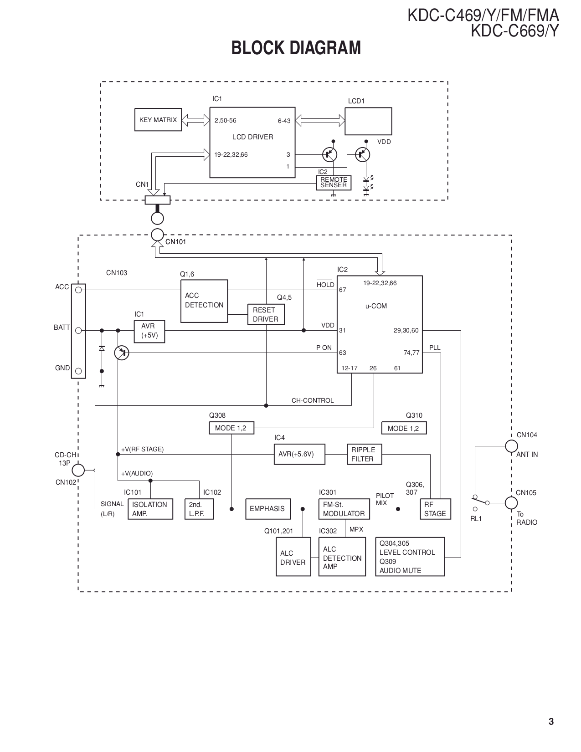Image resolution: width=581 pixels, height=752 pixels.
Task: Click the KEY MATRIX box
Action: (x=158, y=120)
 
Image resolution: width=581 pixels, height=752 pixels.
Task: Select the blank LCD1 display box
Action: (x=368, y=121)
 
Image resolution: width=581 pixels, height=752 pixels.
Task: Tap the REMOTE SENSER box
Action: (x=334, y=183)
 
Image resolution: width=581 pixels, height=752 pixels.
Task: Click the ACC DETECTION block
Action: (x=204, y=301)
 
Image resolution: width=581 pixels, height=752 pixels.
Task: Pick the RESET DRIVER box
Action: (x=266, y=315)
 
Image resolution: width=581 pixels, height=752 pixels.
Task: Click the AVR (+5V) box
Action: (x=149, y=331)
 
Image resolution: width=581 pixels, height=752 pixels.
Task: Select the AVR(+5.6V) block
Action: (x=299, y=454)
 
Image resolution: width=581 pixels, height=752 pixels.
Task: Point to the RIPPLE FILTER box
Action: (x=364, y=454)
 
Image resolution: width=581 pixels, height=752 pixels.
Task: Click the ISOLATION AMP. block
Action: (x=150, y=509)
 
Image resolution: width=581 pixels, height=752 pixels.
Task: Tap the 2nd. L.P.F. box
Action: (x=199, y=509)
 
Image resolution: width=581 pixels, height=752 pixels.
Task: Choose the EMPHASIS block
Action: (x=267, y=509)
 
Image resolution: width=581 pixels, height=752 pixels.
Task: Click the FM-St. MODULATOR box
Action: (x=344, y=509)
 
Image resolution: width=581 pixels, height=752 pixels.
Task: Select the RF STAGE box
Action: (x=435, y=509)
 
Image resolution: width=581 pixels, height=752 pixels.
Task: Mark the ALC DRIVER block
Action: (x=293, y=557)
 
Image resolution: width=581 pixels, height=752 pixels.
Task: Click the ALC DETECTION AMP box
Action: (x=342, y=557)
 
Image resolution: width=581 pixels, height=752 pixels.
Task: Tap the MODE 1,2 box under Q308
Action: (x=231, y=428)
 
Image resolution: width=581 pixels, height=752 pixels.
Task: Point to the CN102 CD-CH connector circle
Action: (x=78, y=470)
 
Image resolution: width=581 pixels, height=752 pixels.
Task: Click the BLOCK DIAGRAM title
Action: (x=296, y=48)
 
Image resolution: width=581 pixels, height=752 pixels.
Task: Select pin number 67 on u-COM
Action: (x=343, y=290)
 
